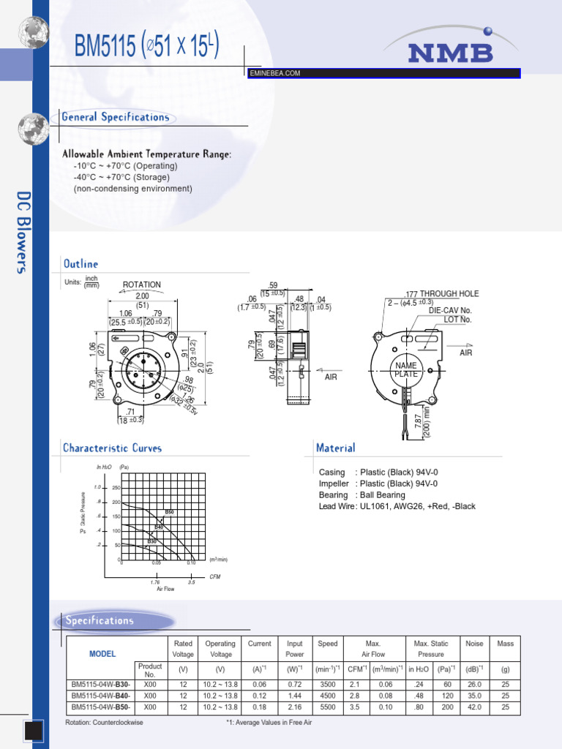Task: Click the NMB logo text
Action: [x=450, y=53]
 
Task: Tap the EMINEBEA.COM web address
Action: [x=275, y=73]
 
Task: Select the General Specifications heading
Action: [x=116, y=117]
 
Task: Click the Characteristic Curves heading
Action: [x=112, y=448]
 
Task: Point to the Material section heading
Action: [x=336, y=448]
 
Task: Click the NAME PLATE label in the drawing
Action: [x=405, y=369]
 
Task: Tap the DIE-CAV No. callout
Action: [x=450, y=310]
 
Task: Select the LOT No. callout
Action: [x=457, y=320]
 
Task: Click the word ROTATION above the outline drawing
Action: [x=142, y=285]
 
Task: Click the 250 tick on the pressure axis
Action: [x=116, y=489]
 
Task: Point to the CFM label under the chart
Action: [x=214, y=576]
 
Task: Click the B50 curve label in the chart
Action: [x=169, y=512]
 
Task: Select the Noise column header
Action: [x=474, y=644]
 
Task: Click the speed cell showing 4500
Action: [x=327, y=696]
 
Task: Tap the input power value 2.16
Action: [x=294, y=707]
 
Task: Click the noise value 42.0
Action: [x=474, y=707]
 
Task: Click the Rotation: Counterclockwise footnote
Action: [x=104, y=723]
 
